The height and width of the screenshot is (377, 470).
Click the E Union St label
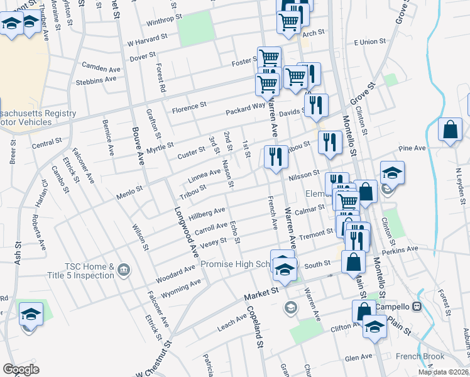369,41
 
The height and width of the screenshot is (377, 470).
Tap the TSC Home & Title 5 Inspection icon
123,271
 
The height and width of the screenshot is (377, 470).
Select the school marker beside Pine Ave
391,173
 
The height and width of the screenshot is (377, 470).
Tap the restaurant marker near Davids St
315,106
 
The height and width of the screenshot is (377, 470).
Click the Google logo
21,369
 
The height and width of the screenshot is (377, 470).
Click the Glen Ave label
358,358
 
